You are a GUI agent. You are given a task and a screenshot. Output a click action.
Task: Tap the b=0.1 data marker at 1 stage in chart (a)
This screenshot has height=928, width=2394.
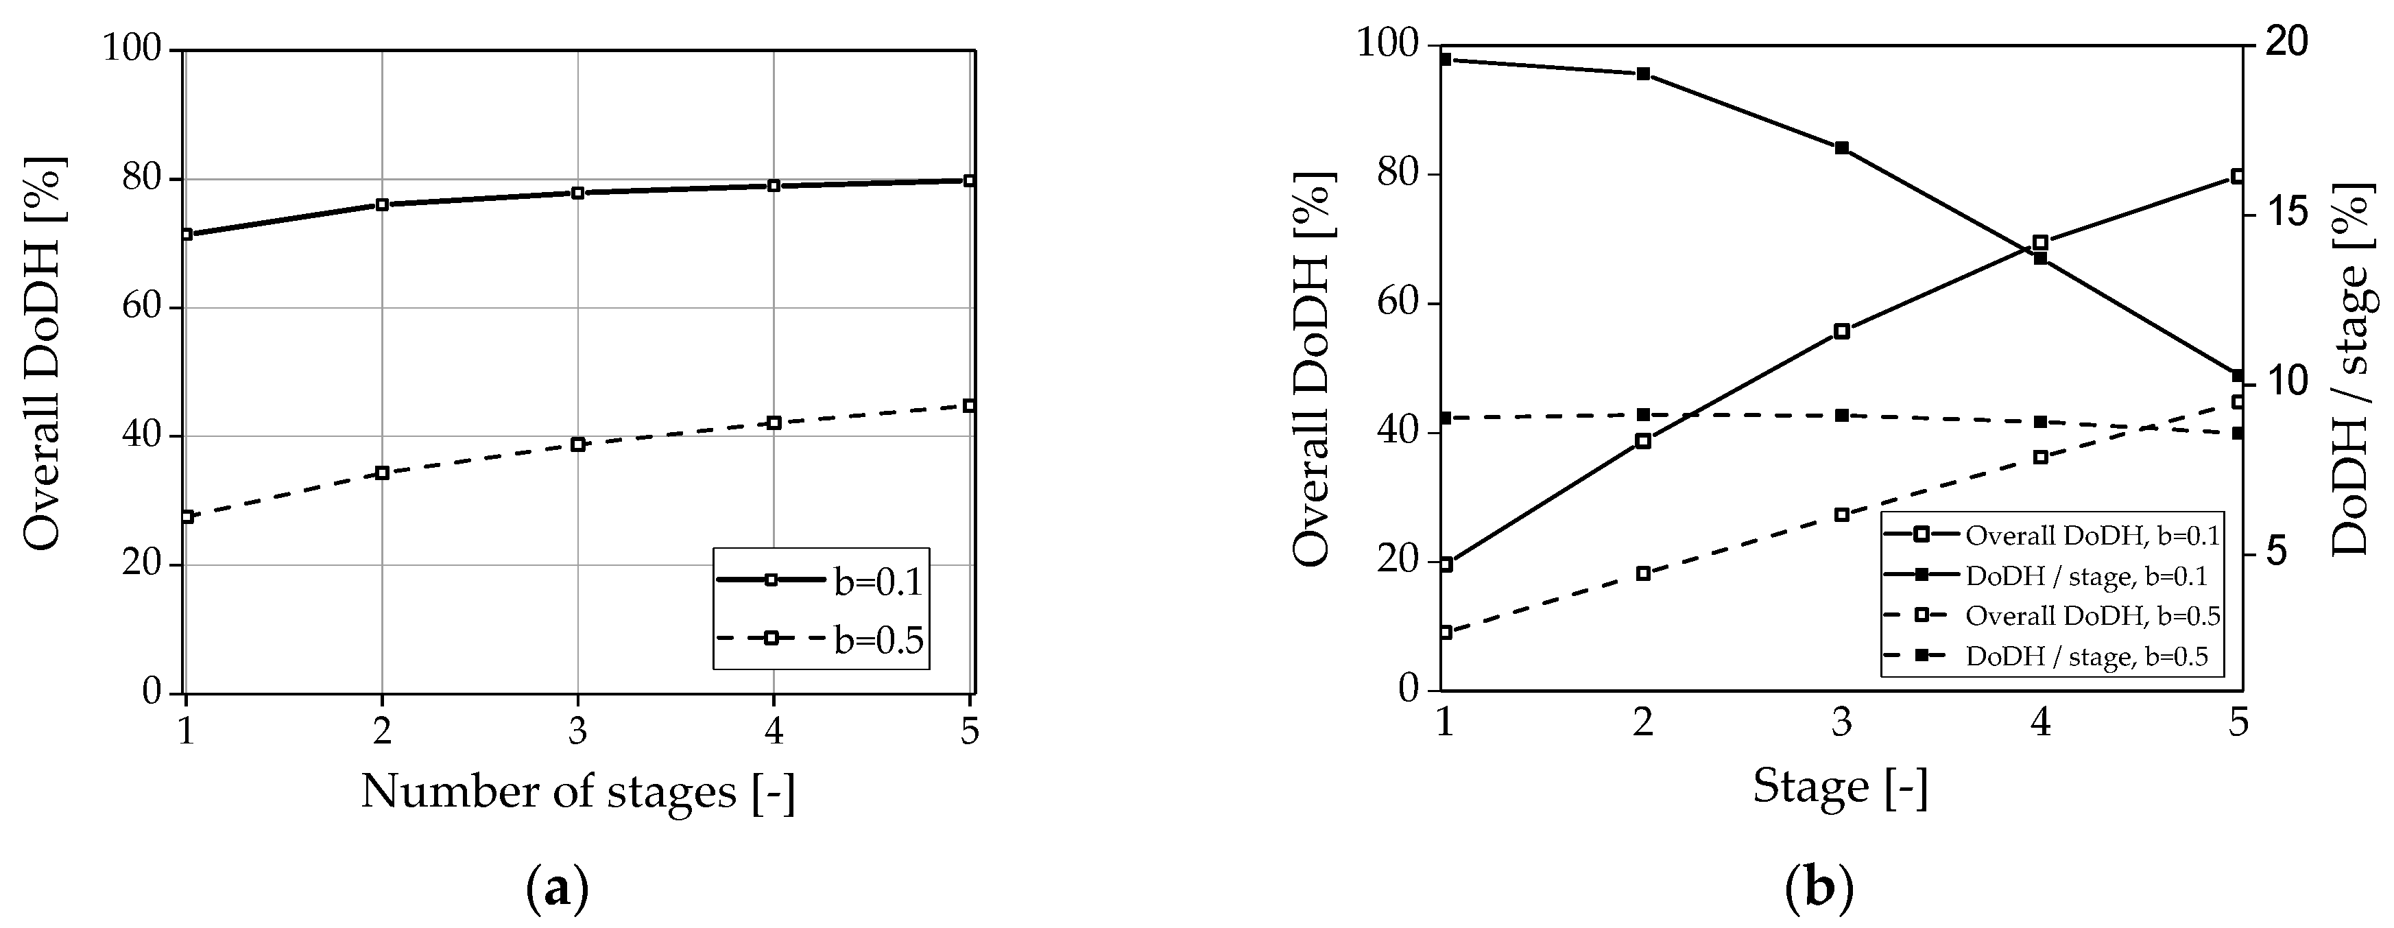[x=187, y=235]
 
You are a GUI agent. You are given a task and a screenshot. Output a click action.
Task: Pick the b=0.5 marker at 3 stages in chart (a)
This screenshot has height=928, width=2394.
[x=578, y=444]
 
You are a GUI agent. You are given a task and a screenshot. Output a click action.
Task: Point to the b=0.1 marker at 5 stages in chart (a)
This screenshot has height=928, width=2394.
[x=969, y=180]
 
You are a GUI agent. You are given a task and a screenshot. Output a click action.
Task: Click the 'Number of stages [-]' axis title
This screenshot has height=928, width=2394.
[x=578, y=792]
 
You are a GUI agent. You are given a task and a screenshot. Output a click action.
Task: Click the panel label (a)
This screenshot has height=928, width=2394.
[x=558, y=889]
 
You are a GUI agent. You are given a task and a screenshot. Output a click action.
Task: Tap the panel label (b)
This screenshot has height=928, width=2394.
[x=1819, y=889]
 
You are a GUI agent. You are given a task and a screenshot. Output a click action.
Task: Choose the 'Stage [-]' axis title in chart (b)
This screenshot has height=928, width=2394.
[x=1840, y=787]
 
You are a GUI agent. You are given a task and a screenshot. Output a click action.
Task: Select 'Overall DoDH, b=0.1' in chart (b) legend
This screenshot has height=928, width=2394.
[x=2091, y=536]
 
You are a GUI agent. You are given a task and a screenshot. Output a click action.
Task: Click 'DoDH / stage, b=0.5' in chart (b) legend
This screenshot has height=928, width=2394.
[x=2085, y=656]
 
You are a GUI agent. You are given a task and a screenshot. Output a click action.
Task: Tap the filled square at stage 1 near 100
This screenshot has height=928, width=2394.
[x=1445, y=60]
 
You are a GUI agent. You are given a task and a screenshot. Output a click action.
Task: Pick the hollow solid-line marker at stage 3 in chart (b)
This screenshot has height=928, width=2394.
[x=1842, y=331]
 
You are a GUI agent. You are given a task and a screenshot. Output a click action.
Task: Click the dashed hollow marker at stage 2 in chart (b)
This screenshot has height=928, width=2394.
[x=1643, y=573]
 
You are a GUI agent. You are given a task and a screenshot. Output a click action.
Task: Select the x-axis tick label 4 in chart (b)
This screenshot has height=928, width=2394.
[x=2040, y=722]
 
